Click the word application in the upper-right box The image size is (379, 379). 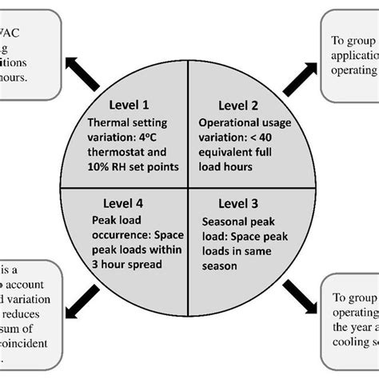[353, 55]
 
